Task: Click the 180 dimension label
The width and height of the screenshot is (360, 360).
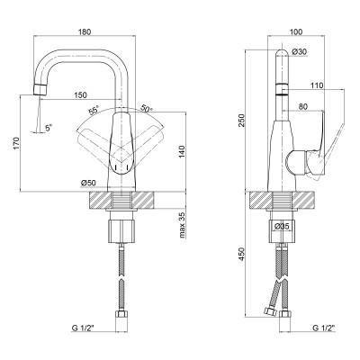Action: click(84, 31)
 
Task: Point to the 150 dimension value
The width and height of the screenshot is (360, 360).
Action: click(80, 95)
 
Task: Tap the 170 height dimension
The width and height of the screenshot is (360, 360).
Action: click(16, 143)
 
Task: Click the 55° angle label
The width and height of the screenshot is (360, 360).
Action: click(94, 111)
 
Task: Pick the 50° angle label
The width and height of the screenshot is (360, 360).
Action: click(146, 109)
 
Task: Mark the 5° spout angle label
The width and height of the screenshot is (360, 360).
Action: click(49, 128)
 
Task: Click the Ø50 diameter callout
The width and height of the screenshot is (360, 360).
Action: click(88, 183)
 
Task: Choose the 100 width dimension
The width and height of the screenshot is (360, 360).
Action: click(296, 31)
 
